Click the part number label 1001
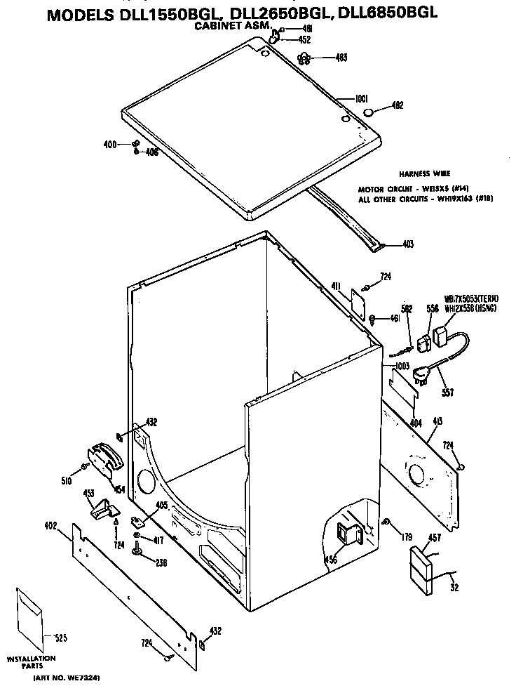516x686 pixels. (x=362, y=100)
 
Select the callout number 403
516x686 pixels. (x=408, y=244)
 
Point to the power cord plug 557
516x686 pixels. (x=421, y=376)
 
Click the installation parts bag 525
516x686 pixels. (x=29, y=619)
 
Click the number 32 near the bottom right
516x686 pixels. (x=455, y=588)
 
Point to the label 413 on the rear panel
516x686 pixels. (x=438, y=422)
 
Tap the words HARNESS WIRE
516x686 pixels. (x=425, y=173)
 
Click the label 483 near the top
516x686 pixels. (x=341, y=58)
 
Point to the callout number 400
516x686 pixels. (x=110, y=145)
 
